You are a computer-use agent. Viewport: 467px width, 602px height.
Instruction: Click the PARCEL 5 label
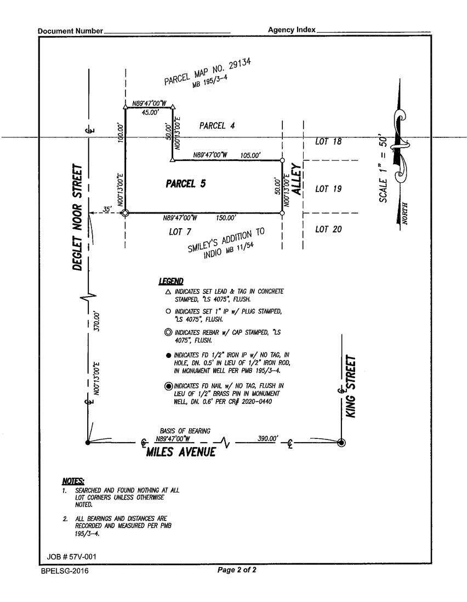[185, 184]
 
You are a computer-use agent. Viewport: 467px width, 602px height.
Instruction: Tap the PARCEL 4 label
[217, 125]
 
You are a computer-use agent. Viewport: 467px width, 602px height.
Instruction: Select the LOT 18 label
[328, 142]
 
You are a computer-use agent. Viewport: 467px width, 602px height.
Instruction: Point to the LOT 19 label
[328, 189]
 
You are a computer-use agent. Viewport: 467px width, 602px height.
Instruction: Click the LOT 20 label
[328, 229]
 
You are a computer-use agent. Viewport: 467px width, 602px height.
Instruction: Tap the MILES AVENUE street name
[180, 453]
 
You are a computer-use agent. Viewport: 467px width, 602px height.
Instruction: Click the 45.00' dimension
[150, 112]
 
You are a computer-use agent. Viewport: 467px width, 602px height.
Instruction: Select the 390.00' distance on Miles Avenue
[267, 438]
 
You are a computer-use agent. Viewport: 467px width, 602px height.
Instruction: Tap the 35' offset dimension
[107, 209]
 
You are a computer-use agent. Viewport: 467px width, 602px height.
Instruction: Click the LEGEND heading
[171, 281]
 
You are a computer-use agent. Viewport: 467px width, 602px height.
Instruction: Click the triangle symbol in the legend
[168, 292]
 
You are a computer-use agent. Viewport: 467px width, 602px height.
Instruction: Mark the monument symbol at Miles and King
[341, 443]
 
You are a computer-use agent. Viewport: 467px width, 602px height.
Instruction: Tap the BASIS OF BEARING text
[185, 431]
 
